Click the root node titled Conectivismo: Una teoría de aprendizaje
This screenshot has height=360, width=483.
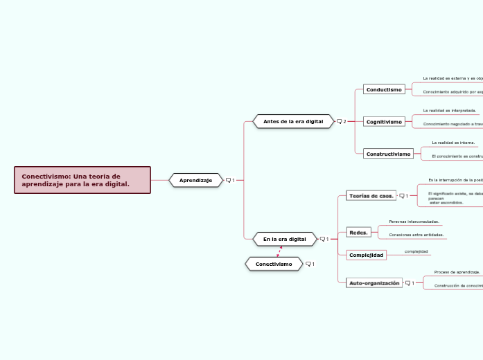coord(82,180)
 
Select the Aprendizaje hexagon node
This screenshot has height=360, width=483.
coord(196,180)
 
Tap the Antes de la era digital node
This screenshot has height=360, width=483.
coord(292,121)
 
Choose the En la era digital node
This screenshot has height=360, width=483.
coord(284,239)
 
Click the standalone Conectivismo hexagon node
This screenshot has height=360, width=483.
coord(274,264)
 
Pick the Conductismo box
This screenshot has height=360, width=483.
coord(384,89)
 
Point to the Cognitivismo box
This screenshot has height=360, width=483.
coord(384,121)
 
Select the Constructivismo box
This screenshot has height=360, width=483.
coord(388,153)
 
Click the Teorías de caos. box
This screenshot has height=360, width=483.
coord(371,196)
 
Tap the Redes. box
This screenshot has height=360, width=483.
coord(358,232)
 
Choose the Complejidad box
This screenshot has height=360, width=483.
coord(366,255)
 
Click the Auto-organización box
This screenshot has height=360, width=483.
coord(374,282)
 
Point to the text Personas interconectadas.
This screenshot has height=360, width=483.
coord(414,222)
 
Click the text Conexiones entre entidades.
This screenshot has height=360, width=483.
coord(416,235)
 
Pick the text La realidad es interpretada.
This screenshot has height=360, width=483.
coord(449,110)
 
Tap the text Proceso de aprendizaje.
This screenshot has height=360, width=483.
coord(457,272)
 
